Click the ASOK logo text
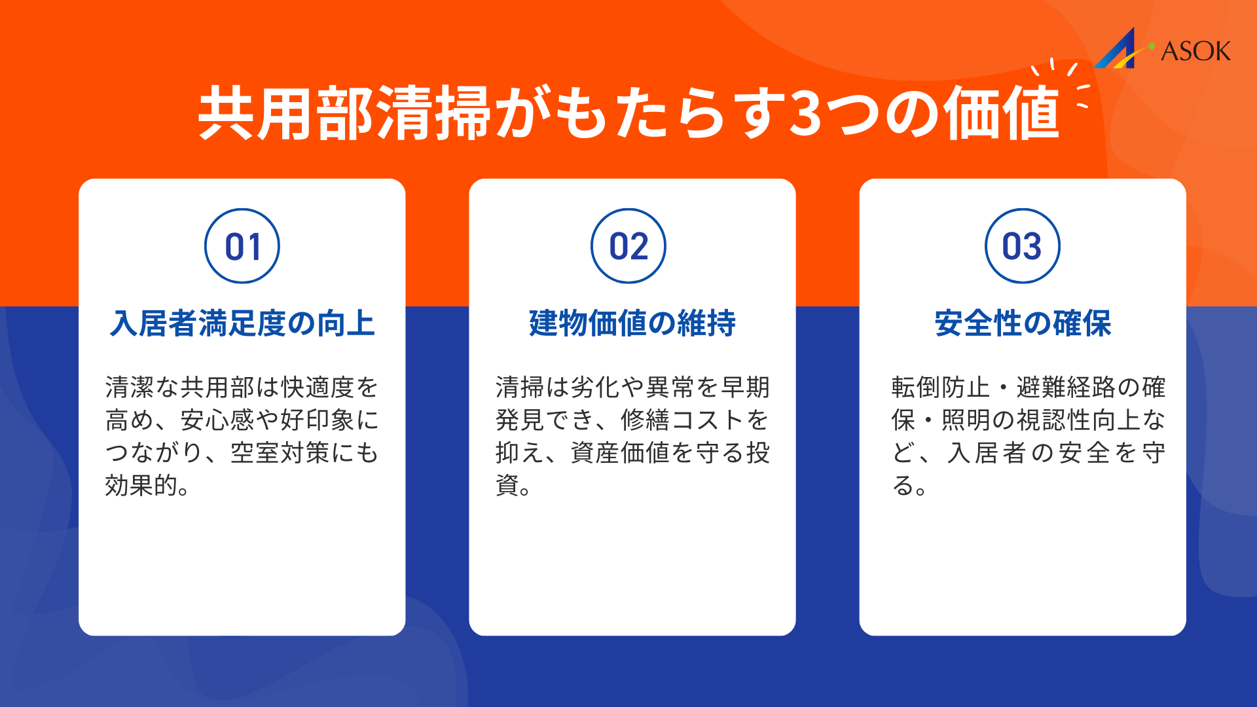tap(1195, 51)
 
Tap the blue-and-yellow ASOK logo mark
tap(1116, 50)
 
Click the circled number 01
tap(242, 246)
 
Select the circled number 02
tap(628, 246)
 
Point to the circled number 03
tap(1022, 246)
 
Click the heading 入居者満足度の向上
tap(242, 323)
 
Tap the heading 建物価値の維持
tap(632, 323)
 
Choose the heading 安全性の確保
tap(1023, 323)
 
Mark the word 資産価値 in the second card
tap(620, 453)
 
